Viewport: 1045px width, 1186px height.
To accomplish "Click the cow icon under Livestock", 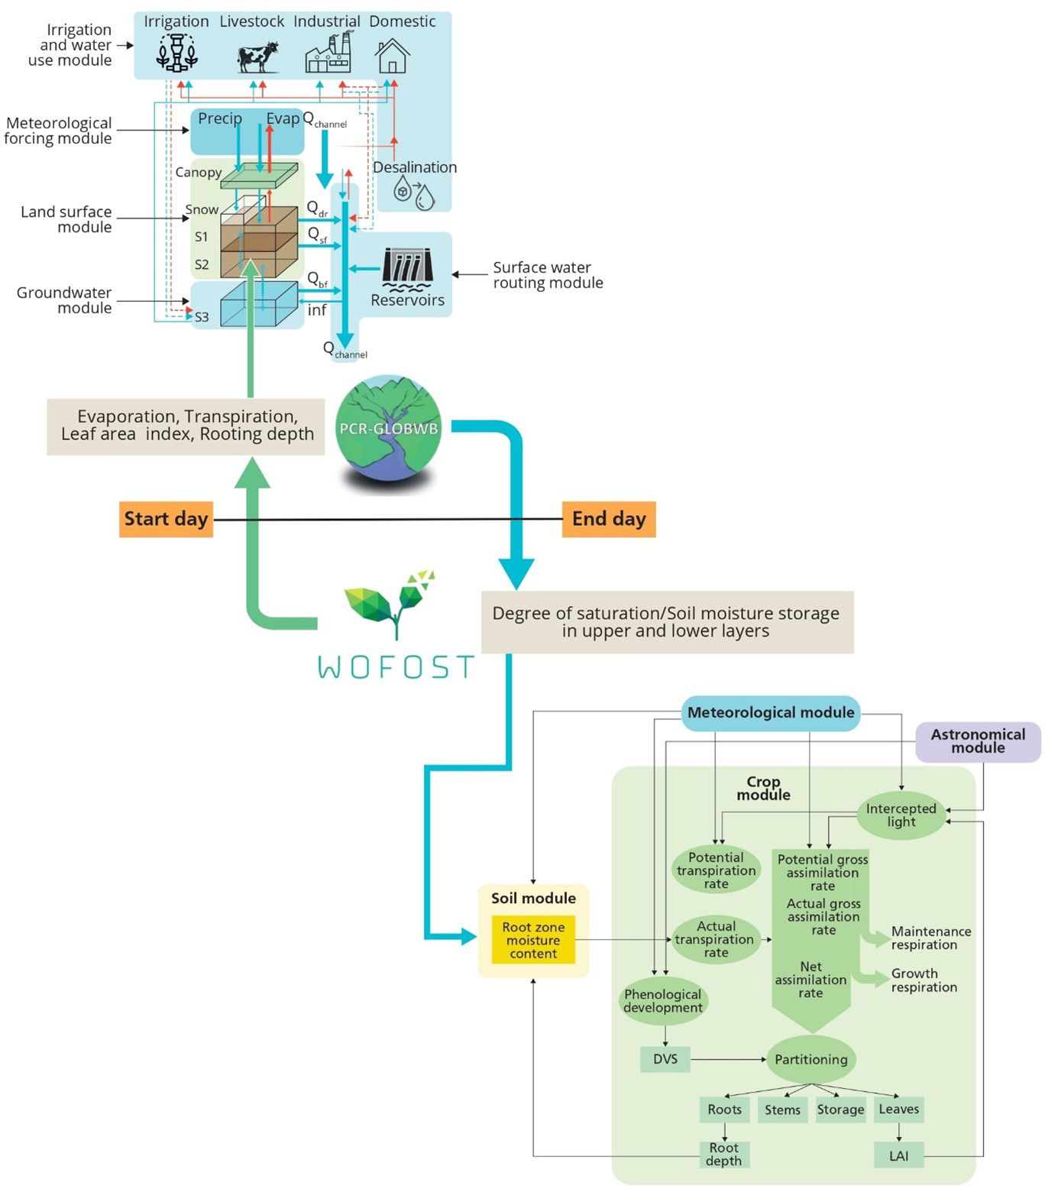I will [258, 57].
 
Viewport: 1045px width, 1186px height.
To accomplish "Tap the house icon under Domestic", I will [393, 56].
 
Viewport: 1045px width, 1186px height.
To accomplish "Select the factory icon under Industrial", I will [328, 53].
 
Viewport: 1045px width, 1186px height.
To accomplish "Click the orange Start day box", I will [166, 519].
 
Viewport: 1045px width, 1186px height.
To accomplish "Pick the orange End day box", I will [609, 519].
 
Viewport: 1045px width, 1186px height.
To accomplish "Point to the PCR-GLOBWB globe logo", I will [389, 428].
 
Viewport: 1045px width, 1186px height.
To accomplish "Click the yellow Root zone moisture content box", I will [533, 940].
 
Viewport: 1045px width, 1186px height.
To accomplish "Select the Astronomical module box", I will [978, 741].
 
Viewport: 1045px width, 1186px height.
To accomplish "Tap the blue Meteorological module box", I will [771, 713].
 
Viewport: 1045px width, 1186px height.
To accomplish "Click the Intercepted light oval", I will [901, 815].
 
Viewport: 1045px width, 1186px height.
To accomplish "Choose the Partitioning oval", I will [810, 1059].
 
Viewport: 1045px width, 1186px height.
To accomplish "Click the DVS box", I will [665, 1059].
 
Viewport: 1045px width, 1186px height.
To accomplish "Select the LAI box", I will [898, 1155].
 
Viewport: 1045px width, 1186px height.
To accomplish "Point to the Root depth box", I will [723, 1154].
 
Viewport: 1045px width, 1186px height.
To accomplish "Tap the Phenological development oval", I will [662, 1001].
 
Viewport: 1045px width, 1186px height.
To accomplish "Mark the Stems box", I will [782, 1110].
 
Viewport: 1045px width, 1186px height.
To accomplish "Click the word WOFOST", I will [396, 667].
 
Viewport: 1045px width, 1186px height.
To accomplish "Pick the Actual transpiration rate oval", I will [716, 939].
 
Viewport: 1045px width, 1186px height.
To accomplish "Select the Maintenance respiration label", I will [930, 938].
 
